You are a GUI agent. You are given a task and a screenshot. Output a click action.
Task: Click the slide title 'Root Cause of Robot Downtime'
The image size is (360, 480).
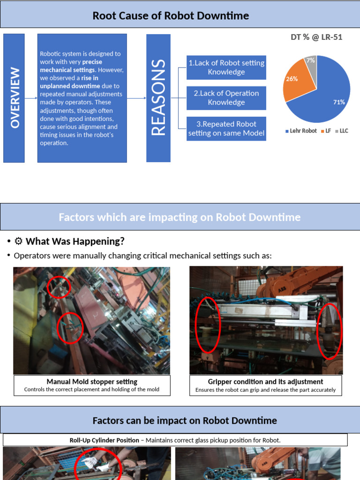pos(171,16)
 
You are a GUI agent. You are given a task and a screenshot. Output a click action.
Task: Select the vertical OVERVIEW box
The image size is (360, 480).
pos(14,98)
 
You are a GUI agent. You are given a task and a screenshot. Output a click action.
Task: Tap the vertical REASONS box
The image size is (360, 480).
pos(158,98)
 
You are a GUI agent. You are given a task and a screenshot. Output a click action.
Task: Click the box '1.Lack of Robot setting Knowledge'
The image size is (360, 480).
pos(226,67)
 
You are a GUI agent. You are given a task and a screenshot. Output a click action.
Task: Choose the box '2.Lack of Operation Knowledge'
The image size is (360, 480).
pos(226,97)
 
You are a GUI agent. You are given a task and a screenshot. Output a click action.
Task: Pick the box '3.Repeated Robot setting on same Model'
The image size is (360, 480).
pos(226,128)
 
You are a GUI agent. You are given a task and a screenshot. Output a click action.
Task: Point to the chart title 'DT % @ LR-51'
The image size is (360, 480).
pos(316,37)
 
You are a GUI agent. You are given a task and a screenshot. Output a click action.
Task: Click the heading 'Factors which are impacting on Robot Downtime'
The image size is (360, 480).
pos(180,217)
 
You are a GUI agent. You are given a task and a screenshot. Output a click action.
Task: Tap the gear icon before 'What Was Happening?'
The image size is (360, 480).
pos(19,241)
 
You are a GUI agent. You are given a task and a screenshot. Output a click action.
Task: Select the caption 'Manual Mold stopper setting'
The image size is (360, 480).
pos(92,382)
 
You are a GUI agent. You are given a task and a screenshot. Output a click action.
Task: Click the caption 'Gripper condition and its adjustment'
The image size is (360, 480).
pos(265,382)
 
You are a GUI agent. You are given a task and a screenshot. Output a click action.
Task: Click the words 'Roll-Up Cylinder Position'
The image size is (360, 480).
pos(104,440)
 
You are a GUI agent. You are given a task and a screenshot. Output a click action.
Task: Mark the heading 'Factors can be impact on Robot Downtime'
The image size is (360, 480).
pos(185,420)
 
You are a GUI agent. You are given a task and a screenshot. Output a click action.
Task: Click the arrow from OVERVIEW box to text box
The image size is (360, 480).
pos(31,98)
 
